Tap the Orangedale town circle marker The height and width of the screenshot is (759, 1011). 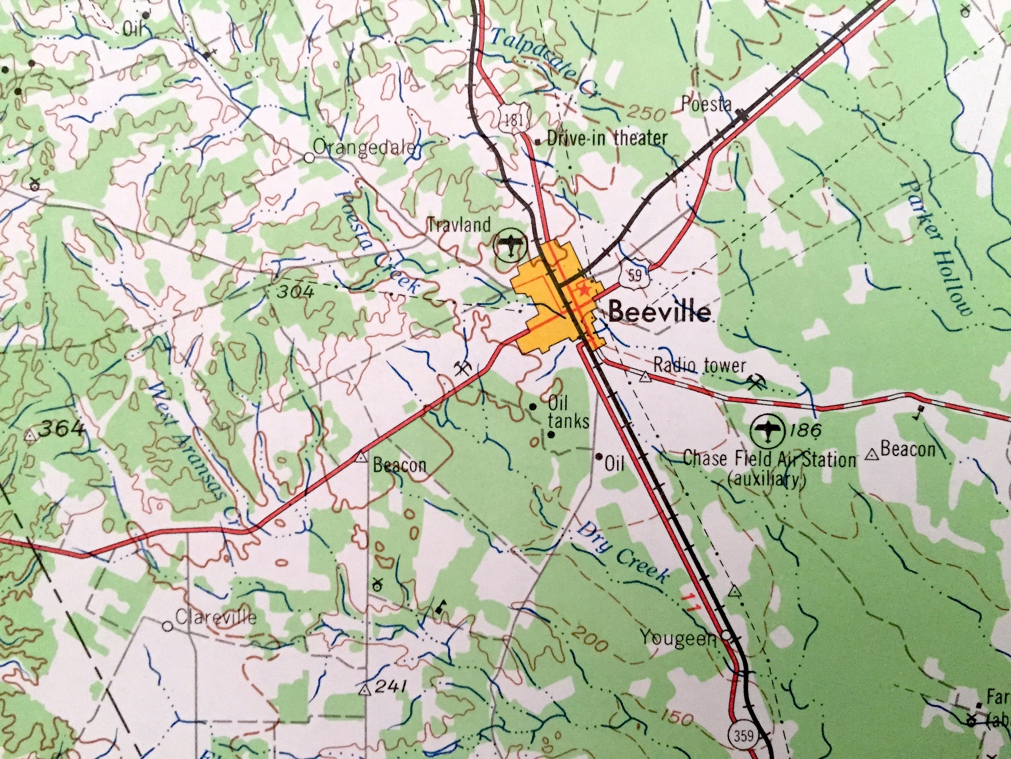click(309, 158)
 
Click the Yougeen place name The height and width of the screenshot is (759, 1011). click(678, 637)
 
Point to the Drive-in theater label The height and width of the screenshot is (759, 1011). click(607, 138)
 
